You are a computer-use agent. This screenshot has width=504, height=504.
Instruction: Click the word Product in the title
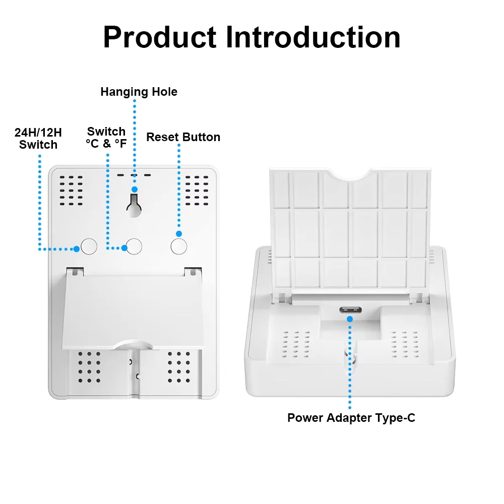click(160, 37)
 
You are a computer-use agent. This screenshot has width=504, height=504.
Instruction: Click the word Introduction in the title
click(313, 36)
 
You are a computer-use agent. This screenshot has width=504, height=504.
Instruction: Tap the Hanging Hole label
click(139, 92)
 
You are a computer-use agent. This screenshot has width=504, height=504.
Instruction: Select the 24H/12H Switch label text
click(38, 139)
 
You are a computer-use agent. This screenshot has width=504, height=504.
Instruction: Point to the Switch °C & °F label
click(106, 138)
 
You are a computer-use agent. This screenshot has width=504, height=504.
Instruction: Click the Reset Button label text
click(183, 137)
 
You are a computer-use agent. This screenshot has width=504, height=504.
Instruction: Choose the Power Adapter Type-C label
click(351, 418)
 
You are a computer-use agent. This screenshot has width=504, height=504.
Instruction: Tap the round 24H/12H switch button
click(89, 246)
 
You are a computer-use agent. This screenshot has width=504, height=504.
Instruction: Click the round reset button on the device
click(179, 246)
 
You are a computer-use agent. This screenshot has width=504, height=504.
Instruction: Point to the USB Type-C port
click(349, 310)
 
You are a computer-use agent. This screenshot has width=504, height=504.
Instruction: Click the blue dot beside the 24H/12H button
click(76, 248)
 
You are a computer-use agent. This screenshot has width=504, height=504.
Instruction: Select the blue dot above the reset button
click(178, 234)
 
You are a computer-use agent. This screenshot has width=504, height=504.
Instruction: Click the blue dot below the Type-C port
click(349, 319)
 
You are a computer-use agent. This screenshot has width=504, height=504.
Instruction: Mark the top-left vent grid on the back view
click(71, 191)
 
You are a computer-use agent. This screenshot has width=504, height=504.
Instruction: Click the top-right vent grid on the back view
click(197, 191)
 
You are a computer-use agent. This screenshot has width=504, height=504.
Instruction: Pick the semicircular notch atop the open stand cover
click(351, 175)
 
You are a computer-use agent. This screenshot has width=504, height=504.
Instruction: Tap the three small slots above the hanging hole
click(134, 176)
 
